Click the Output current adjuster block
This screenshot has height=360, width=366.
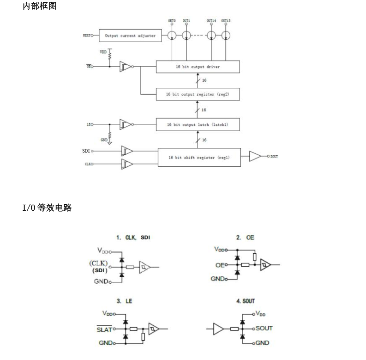click(x=130, y=35)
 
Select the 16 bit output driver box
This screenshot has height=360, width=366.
click(x=198, y=67)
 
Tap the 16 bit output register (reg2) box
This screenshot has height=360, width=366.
click(x=198, y=94)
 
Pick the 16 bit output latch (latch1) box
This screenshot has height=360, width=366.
click(x=198, y=124)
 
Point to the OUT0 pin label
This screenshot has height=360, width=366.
click(x=172, y=21)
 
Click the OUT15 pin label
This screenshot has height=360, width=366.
click(x=226, y=21)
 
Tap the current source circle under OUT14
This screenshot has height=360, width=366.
click(x=211, y=36)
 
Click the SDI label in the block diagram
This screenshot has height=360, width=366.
click(x=85, y=151)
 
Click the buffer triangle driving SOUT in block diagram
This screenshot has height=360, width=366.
click(x=256, y=157)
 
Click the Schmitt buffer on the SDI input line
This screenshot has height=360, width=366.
click(x=126, y=151)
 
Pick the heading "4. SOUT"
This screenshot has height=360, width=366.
click(x=245, y=301)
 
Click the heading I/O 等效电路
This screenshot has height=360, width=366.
click(x=47, y=208)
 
